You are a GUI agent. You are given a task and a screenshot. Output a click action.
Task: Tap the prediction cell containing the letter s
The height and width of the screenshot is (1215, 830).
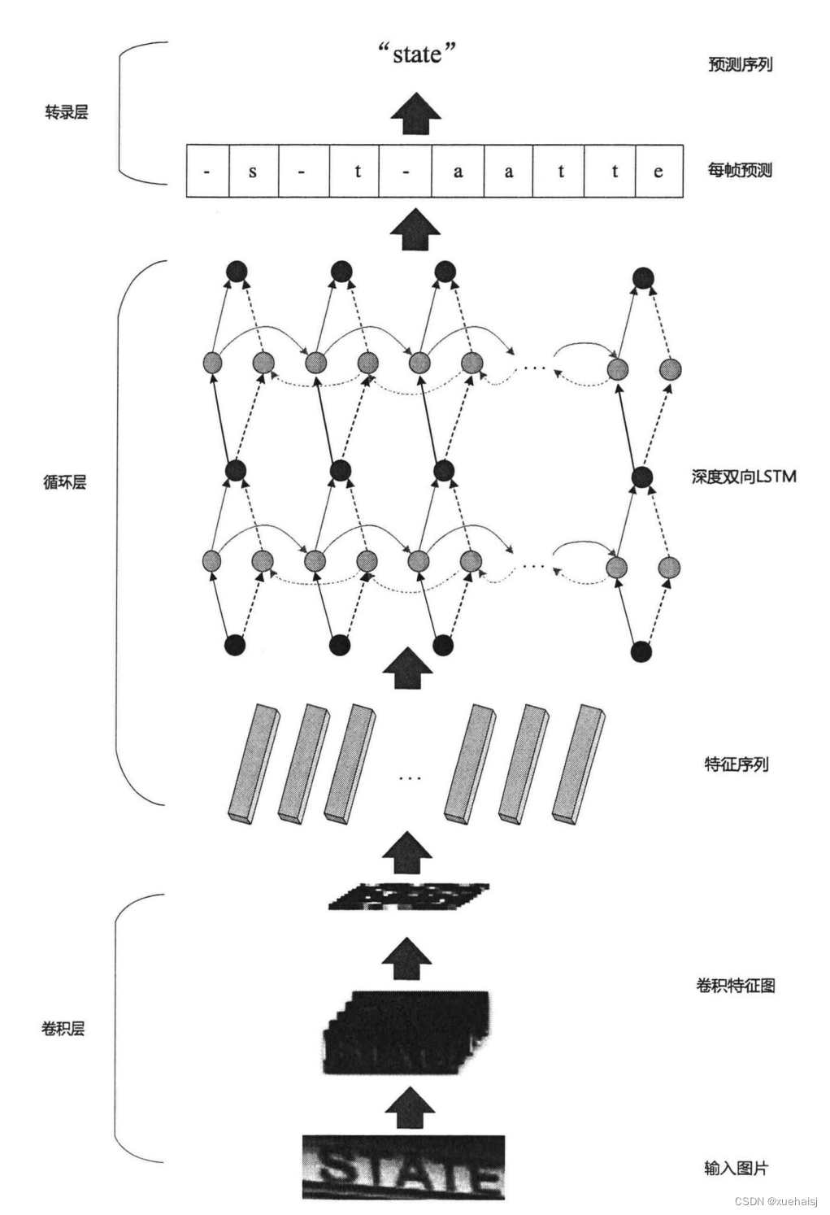(253, 171)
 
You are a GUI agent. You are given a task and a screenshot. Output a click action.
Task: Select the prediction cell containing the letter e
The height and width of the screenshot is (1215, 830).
(658, 171)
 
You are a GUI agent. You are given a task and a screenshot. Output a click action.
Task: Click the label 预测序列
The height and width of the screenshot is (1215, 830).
(739, 64)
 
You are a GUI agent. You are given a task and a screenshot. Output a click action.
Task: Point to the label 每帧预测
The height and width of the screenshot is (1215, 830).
(739, 170)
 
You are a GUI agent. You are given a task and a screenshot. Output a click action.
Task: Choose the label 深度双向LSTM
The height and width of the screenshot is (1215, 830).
(743, 477)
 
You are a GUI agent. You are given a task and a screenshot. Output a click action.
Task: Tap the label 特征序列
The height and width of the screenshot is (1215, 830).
(736, 764)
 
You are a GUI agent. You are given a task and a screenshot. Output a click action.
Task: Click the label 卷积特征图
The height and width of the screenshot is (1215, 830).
(735, 986)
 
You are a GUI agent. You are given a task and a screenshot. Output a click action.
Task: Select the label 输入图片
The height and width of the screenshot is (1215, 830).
(736, 1168)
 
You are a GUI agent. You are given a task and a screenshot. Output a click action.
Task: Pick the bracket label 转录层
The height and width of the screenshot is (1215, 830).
(66, 112)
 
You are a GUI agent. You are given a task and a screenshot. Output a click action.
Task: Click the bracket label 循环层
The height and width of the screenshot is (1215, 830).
(64, 482)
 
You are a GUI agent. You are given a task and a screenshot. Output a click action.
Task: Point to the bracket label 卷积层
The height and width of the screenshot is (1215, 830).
(63, 1029)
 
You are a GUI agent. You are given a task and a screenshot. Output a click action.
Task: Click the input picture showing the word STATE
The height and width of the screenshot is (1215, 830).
(403, 1167)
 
